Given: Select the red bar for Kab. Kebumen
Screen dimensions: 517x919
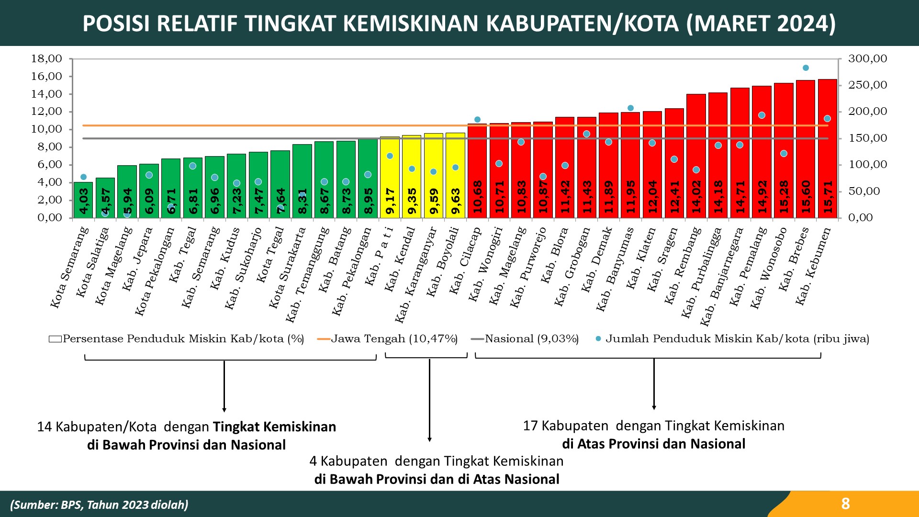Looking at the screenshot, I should pos(828,148).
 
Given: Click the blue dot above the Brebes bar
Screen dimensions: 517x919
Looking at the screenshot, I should pos(806,68).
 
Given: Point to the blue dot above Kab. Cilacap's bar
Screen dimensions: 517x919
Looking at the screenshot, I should pos(477,120).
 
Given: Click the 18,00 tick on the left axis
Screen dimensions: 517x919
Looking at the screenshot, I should pos(46,59).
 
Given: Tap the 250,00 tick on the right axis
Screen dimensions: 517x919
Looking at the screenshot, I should pos(867,85).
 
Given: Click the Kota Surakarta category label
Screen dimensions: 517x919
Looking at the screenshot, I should pos(287,268).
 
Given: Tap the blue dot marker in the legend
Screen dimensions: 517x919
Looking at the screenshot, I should pos(598,339).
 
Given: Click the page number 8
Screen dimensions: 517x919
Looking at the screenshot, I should pos(845,504).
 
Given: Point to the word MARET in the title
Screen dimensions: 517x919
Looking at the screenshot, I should pos(728,23).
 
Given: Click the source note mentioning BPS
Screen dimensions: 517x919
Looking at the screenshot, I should pos(99,505).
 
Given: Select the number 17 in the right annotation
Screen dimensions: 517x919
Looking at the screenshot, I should pos(530,426).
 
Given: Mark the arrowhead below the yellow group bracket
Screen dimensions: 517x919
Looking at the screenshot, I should pos(429,439).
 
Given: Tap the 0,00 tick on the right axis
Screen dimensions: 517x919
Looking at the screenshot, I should pos(861,218).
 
